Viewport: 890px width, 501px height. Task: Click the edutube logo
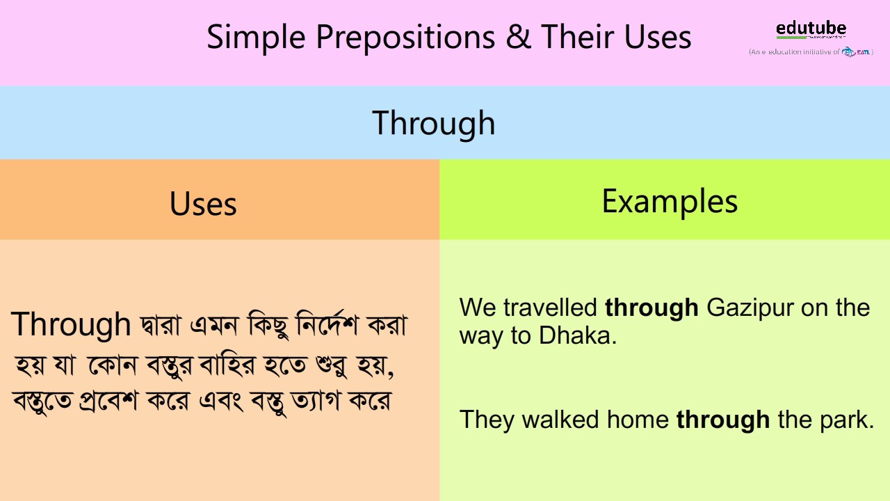pos(811,29)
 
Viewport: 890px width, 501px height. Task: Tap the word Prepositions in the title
pos(405,38)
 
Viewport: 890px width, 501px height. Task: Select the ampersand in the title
pos(518,38)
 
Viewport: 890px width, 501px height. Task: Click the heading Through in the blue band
pos(434,123)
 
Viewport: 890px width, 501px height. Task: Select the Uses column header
pos(203,204)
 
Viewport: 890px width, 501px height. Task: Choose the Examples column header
pos(669,201)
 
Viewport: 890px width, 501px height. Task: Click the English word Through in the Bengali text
pos(71,324)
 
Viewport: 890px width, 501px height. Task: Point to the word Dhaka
pos(577,335)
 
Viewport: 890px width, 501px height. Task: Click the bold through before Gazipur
pos(652,308)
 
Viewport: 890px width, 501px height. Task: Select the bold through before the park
pos(722,420)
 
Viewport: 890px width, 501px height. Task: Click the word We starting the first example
pos(478,308)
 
